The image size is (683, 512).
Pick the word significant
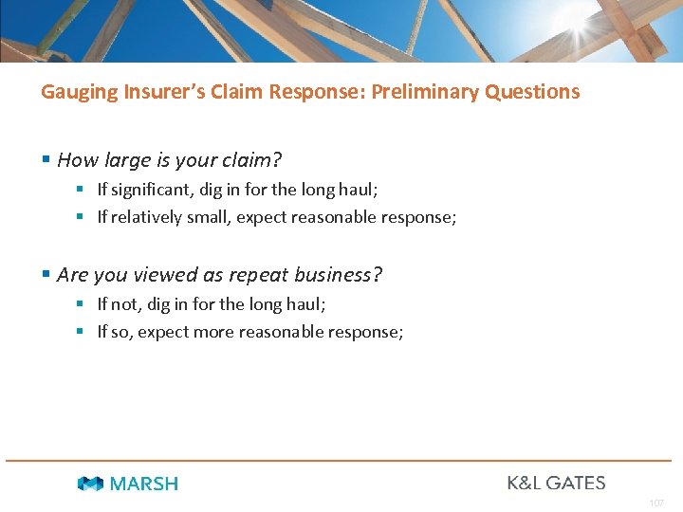[147, 190]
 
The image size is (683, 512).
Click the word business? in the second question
[338, 275]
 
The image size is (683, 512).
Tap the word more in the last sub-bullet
[214, 332]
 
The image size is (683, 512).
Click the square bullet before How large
[46, 160]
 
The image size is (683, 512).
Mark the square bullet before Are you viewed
[46, 275]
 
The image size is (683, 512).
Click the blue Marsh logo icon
[90, 484]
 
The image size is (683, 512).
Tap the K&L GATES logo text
[556, 483]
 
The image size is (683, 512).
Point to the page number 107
[657, 502]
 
